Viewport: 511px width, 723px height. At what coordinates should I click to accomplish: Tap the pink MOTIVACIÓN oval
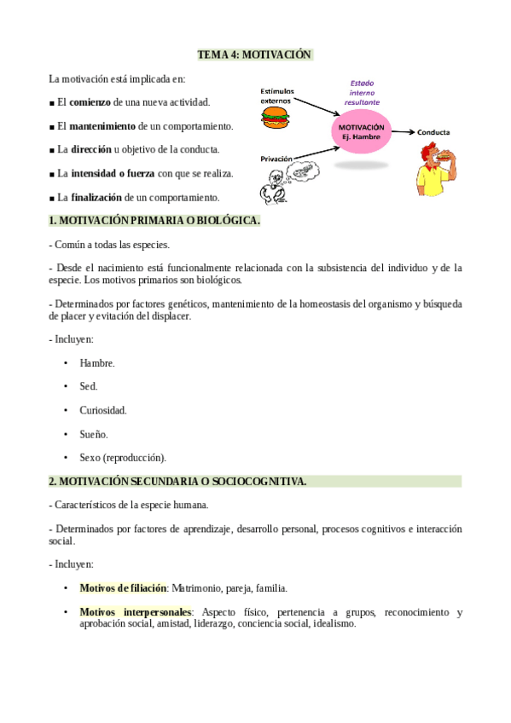(361, 132)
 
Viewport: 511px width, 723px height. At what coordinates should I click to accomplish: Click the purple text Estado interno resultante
(362, 92)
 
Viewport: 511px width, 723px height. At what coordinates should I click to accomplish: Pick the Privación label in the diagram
(276, 158)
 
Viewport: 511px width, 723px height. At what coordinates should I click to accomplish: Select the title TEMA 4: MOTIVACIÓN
(254, 55)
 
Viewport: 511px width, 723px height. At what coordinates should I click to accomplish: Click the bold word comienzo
(90, 102)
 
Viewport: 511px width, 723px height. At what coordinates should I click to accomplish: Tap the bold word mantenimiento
(102, 126)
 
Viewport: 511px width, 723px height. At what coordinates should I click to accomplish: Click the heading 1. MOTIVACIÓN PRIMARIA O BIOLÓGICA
(154, 221)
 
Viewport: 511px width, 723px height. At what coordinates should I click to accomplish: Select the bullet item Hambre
(97, 363)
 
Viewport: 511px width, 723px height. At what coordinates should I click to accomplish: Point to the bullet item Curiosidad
(103, 410)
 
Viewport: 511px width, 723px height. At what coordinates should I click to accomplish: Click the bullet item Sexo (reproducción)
(123, 457)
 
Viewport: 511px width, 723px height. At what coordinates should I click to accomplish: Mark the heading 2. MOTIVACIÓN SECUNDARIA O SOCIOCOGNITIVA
(177, 482)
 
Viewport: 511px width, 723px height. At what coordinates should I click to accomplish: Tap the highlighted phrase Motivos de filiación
(123, 588)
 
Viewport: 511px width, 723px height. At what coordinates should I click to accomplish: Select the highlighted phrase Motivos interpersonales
(136, 612)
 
